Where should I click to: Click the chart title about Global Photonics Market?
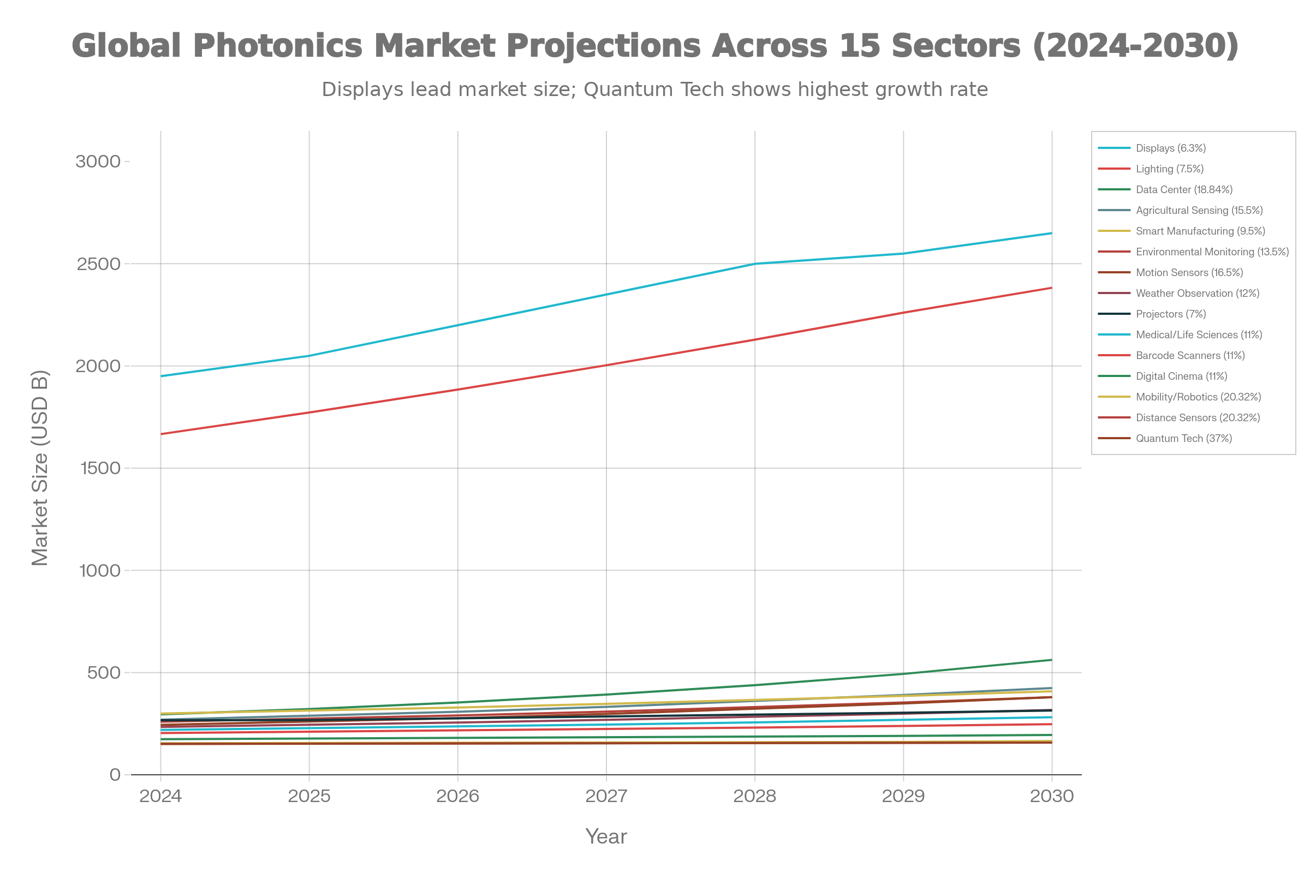coord(655,46)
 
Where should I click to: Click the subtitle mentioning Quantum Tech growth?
coord(655,89)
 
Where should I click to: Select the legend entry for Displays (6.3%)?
coord(1170,148)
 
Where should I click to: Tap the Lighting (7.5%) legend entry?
coord(1169,169)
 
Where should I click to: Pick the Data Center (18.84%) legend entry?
coord(1183,190)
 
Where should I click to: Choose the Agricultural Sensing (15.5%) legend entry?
coord(1199,211)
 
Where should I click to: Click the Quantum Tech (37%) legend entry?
coord(1183,439)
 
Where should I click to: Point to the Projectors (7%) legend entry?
coord(1170,314)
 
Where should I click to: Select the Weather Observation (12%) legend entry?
coord(1197,294)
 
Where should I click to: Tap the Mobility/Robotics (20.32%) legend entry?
coord(1198,397)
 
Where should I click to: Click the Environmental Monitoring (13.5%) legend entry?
coord(1212,252)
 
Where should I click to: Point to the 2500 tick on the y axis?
coord(99,264)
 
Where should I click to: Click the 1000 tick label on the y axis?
coord(100,571)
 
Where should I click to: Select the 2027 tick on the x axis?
coord(606,796)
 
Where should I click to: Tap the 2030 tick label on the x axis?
coord(1052,796)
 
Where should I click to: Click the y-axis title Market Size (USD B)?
coord(40,468)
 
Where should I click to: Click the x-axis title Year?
coord(606,837)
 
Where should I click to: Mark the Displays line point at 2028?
coord(755,264)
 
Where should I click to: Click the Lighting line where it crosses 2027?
coord(606,365)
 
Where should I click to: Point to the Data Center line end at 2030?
coord(1052,660)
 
